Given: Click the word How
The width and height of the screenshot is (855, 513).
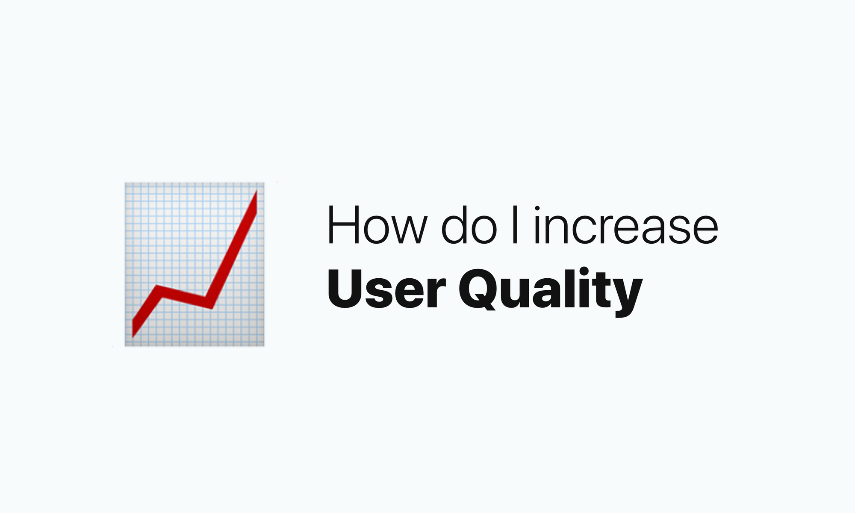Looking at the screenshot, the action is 377,225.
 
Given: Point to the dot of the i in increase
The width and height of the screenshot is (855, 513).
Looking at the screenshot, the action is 537,209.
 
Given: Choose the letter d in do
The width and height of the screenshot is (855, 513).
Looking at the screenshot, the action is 454,225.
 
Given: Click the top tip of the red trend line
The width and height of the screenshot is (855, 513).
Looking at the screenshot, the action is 256,191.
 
